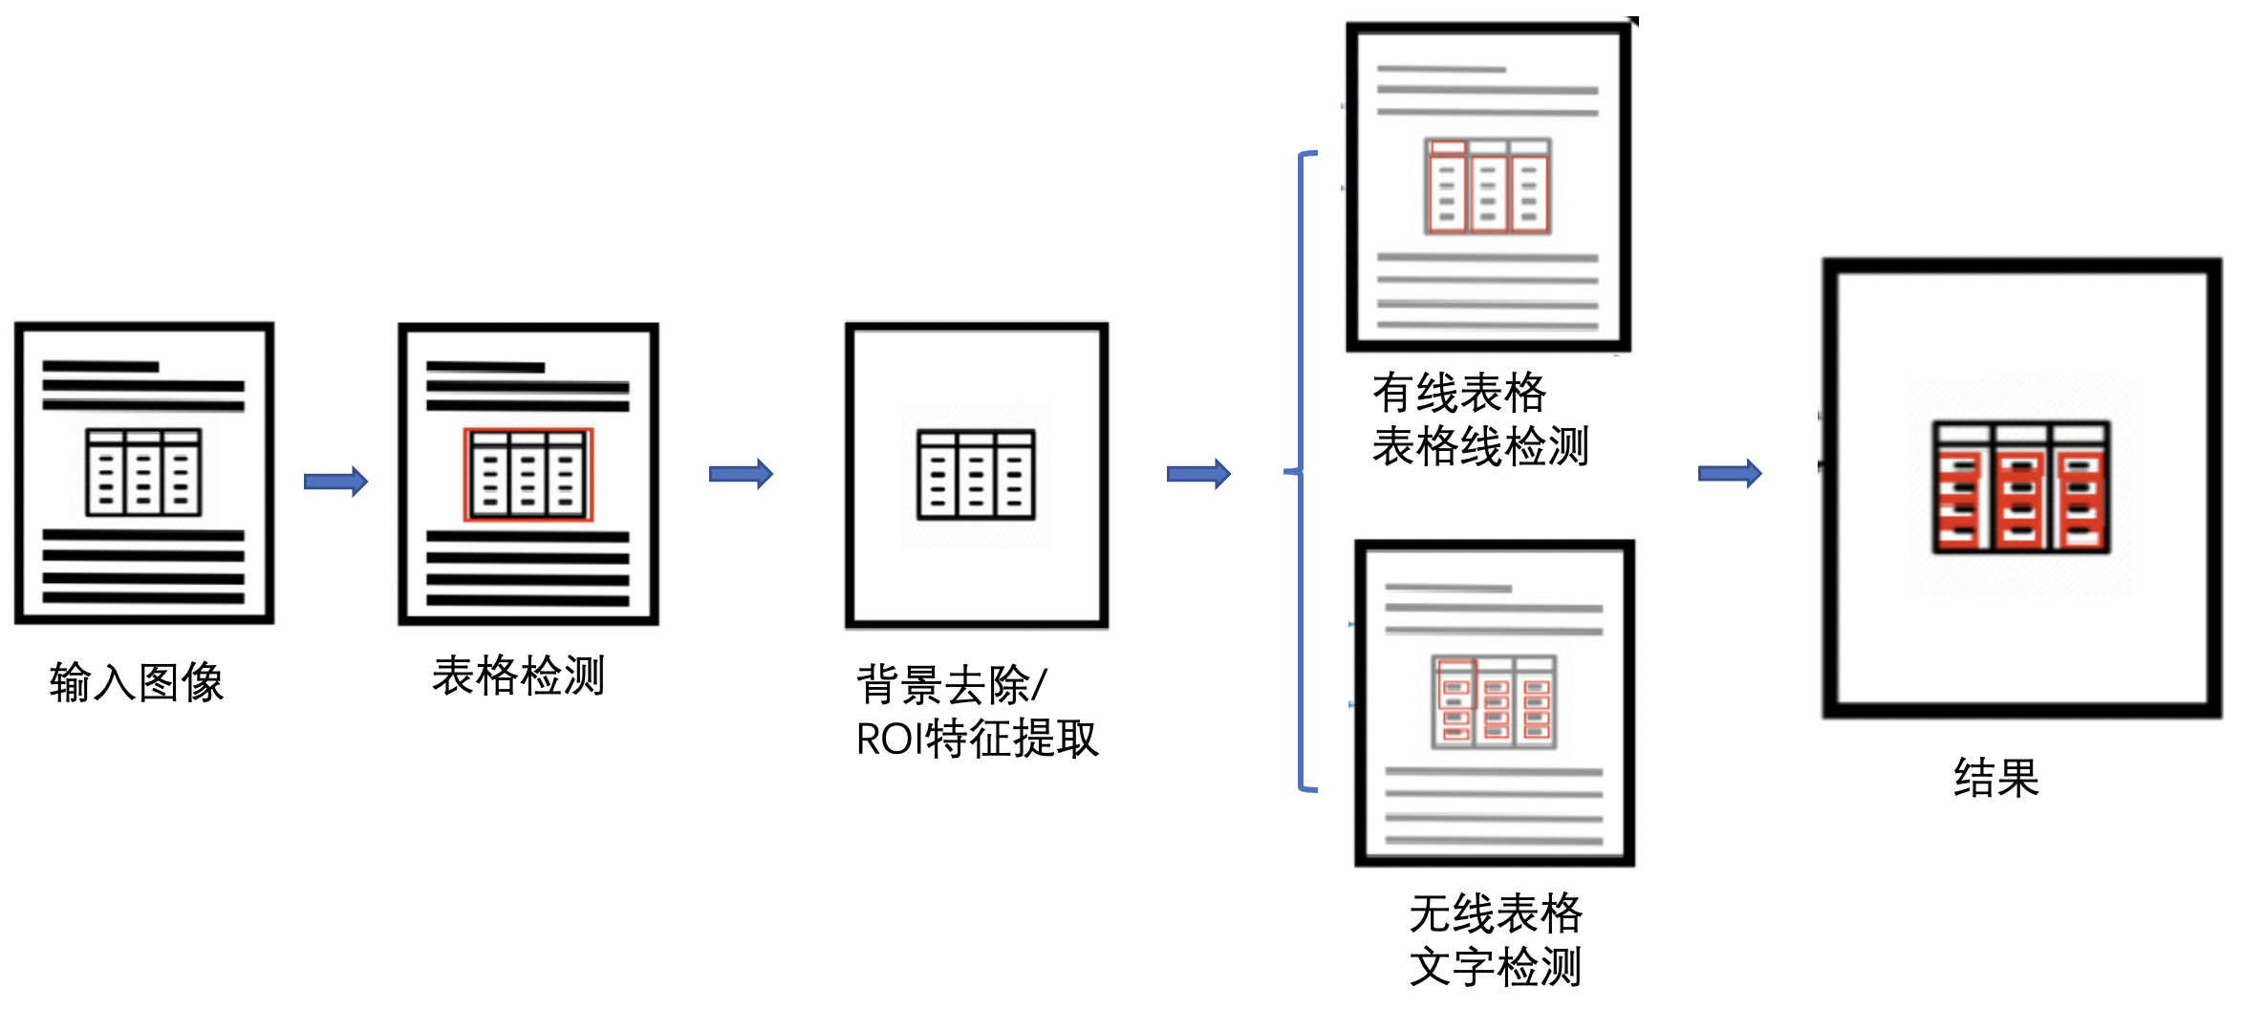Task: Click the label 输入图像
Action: pos(137,682)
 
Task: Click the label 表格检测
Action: pos(518,676)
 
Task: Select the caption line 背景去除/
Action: pos(952,684)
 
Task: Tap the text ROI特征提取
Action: pos(977,739)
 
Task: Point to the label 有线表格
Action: pos(1459,392)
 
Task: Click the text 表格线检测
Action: pos(1480,445)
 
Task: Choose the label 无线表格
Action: pos(1496,912)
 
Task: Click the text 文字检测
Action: pos(1496,966)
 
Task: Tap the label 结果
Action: pos(1996,777)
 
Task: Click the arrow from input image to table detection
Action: pos(335,481)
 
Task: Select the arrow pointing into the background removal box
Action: pos(741,473)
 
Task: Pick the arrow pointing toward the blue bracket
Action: pos(1198,473)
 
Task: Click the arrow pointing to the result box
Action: pos(1730,473)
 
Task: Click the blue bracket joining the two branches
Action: pos(1301,471)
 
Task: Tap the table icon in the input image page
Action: pos(143,472)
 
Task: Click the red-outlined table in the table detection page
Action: pos(528,474)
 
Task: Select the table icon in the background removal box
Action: pos(976,474)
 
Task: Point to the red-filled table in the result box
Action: pos(2021,487)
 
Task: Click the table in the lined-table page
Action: pos(1487,186)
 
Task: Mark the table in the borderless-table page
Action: pos(1494,701)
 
